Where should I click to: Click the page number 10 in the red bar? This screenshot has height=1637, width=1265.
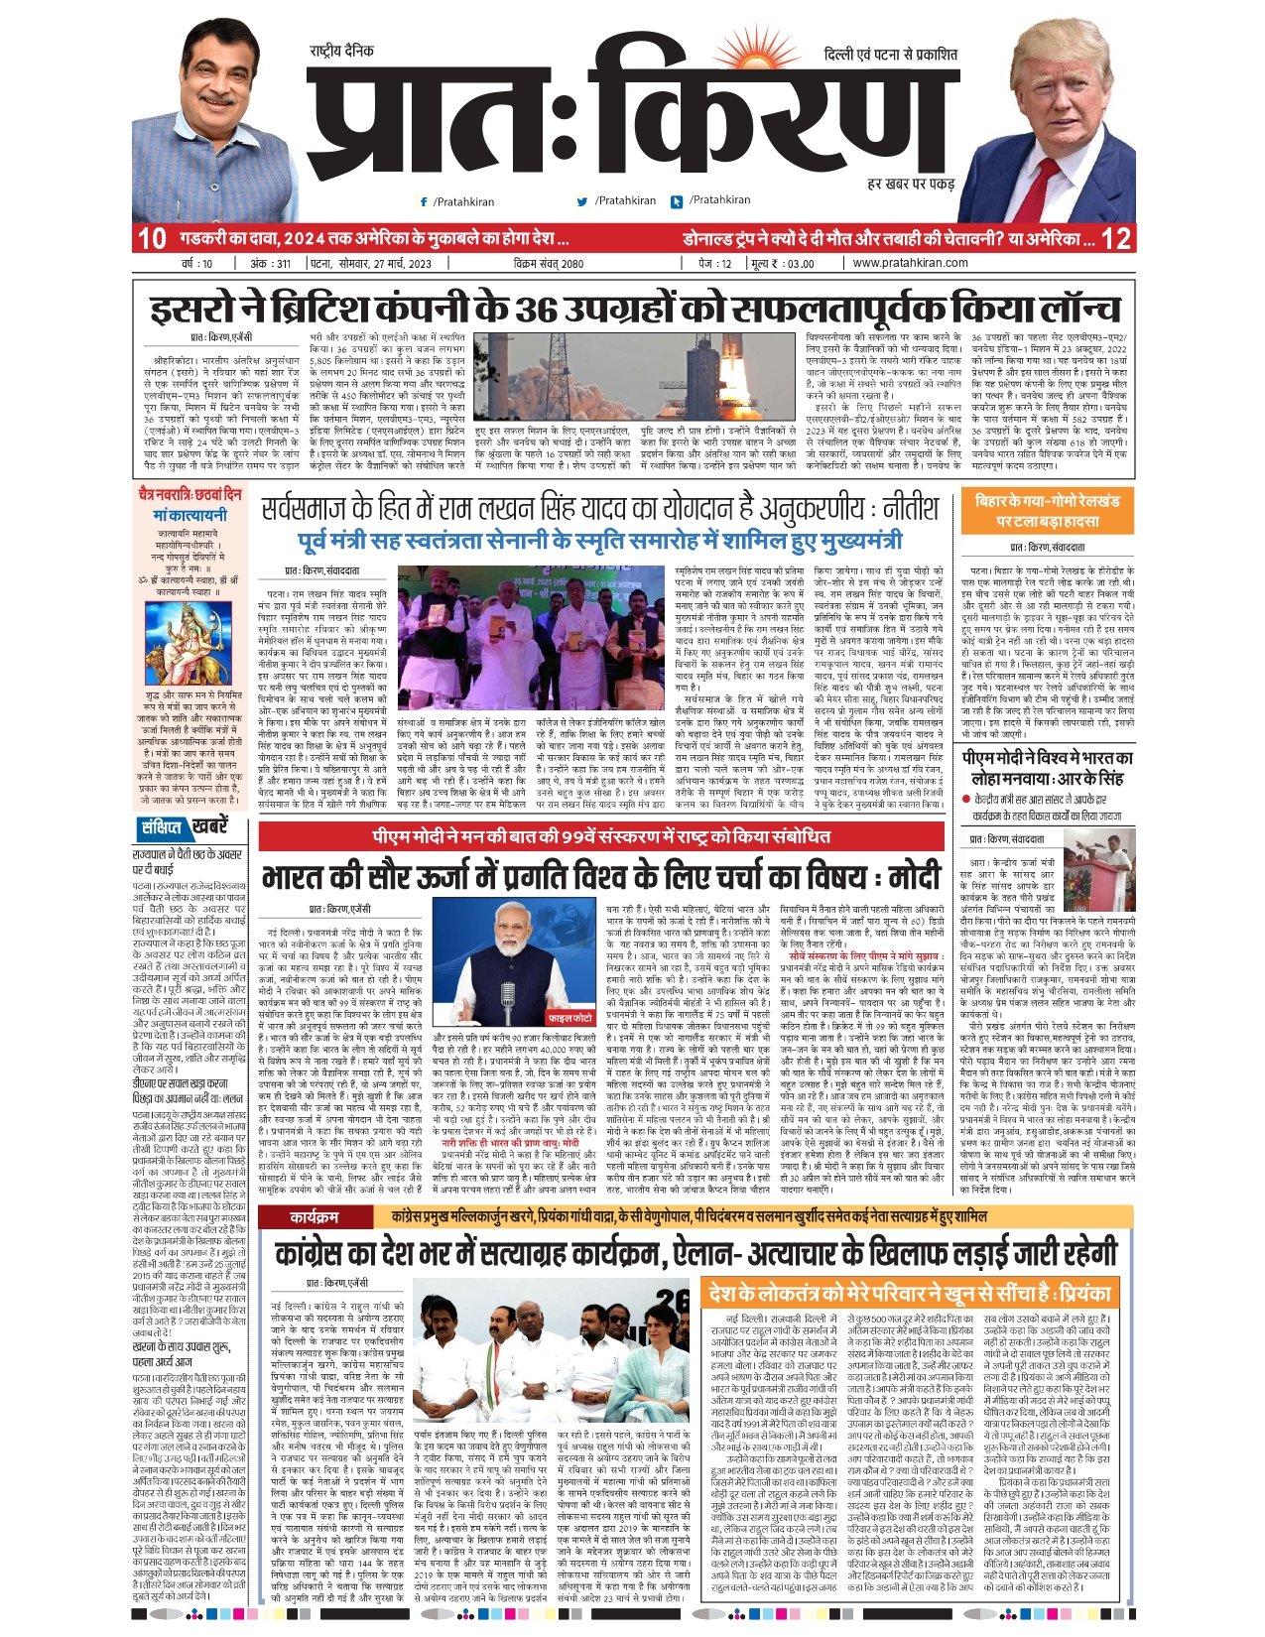(x=151, y=239)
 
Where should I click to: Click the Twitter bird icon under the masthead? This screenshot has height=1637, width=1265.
(x=582, y=201)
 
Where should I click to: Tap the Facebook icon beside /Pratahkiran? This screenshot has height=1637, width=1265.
(x=425, y=201)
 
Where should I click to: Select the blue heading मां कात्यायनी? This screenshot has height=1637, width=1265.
(x=189, y=515)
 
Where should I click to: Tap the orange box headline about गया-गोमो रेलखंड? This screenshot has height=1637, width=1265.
(x=1047, y=510)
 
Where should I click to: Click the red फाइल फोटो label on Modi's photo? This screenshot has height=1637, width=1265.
(x=571, y=1018)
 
